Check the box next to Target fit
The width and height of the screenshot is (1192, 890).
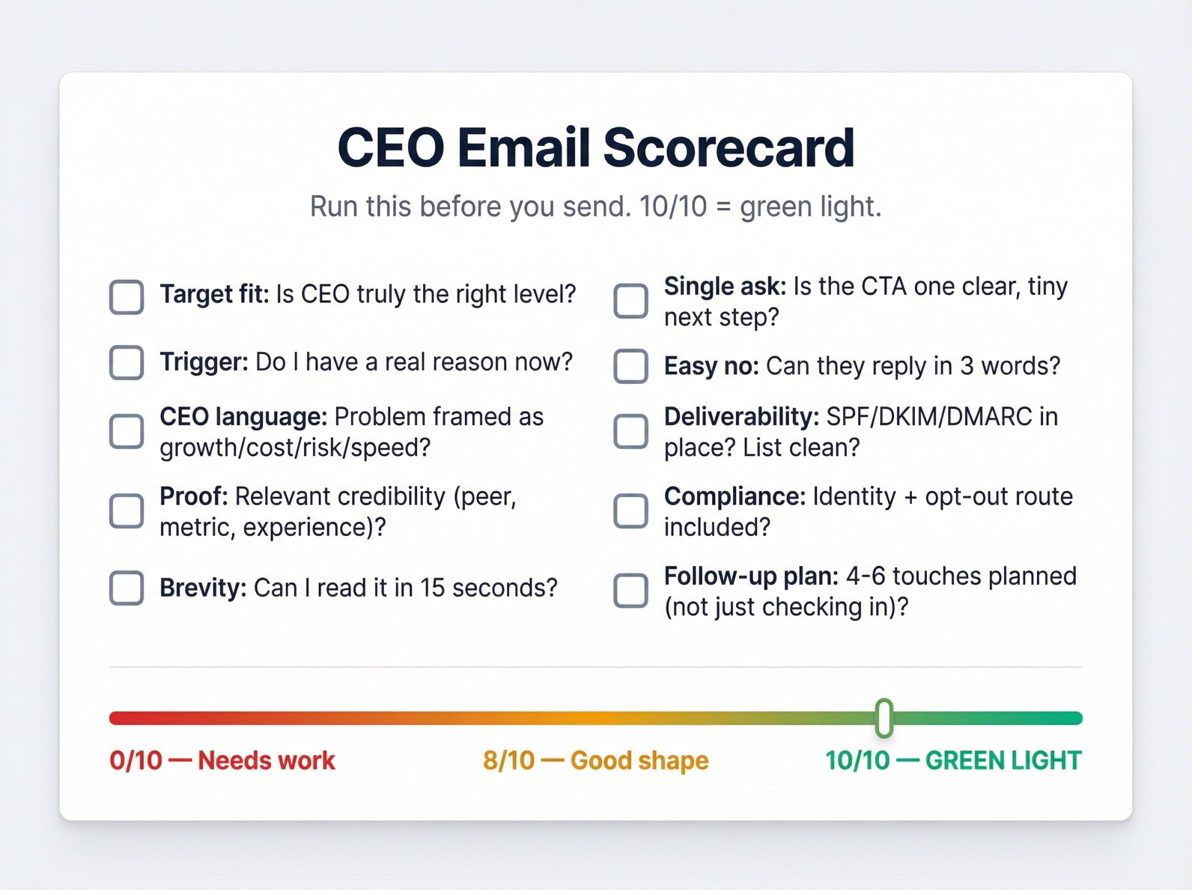point(126,296)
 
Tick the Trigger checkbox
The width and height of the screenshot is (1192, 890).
point(126,362)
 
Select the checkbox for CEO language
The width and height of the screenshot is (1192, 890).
point(126,431)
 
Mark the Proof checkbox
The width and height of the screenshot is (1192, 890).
point(126,511)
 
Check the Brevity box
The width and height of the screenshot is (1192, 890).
point(126,588)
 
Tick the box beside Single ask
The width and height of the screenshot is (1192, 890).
point(631,301)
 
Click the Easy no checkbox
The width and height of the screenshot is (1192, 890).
point(631,366)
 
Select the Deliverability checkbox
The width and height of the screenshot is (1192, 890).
point(631,431)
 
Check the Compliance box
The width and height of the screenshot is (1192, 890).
point(631,511)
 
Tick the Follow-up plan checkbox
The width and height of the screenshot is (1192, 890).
point(631,591)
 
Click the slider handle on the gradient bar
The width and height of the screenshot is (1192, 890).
point(884,718)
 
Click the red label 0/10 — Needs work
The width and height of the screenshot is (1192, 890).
point(222,761)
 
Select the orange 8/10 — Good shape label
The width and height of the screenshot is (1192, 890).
point(595,761)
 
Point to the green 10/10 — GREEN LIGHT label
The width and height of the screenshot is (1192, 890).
point(952,761)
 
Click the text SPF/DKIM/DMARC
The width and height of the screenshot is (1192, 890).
point(929,417)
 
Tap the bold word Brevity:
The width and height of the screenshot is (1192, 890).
point(203,588)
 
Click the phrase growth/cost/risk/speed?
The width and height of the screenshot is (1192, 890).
point(294,448)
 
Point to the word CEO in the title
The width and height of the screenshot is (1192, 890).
point(390,148)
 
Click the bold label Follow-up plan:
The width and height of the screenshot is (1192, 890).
point(751,576)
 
